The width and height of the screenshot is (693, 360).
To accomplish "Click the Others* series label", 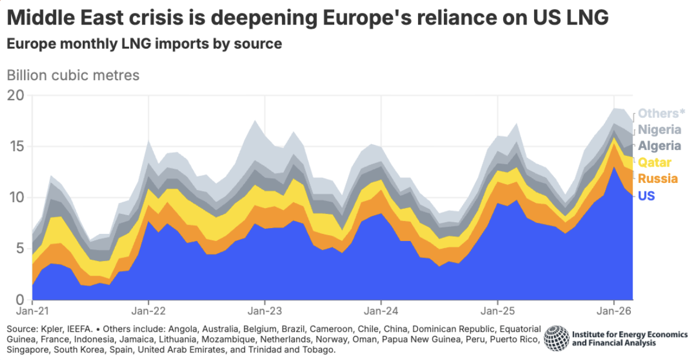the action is click(x=661, y=114).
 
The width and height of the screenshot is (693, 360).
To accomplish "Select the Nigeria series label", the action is click(x=660, y=130).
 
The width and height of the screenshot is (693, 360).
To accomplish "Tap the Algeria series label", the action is click(x=660, y=146).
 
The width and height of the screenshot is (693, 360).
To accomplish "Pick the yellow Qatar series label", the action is click(x=654, y=162).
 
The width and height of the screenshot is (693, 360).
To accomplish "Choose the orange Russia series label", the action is click(x=658, y=178).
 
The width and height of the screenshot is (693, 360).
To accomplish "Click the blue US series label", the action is click(x=646, y=195).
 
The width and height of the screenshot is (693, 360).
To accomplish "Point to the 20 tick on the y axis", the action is click(x=15, y=95).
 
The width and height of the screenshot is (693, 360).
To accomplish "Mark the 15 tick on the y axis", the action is click(x=16, y=146).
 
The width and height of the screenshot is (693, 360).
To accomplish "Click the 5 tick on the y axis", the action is click(x=20, y=248).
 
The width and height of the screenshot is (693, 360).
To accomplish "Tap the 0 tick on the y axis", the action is click(x=20, y=300).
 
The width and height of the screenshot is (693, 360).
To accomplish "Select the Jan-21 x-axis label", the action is click(x=33, y=311).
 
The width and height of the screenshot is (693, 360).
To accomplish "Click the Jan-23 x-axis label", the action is click(x=265, y=311).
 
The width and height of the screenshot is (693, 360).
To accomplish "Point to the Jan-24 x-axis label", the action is click(x=381, y=311).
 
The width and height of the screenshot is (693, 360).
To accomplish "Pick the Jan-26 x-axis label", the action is click(x=614, y=311).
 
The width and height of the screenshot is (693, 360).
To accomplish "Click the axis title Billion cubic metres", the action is click(x=73, y=75).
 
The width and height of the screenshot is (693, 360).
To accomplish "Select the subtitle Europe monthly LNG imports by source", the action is click(x=144, y=44).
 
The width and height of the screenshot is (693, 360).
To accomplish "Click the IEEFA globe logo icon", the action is click(x=556, y=338).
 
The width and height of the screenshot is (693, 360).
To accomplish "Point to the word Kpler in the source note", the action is click(x=51, y=329).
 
